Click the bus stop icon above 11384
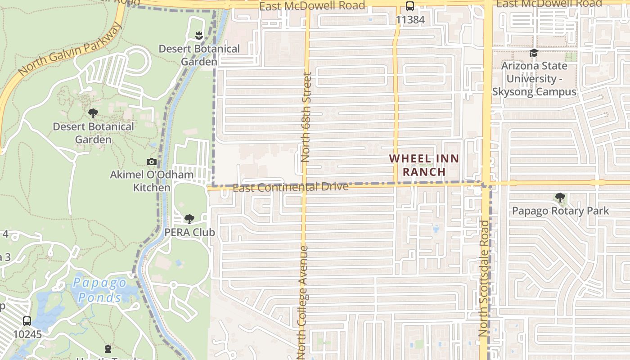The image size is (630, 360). click(x=409, y=7)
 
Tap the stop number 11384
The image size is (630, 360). click(x=410, y=20)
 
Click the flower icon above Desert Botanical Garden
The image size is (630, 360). click(x=199, y=35)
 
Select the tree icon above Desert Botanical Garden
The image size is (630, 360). click(x=93, y=113)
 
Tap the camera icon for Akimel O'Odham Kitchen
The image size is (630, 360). click(x=152, y=162)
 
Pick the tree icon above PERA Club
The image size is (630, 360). click(x=189, y=219)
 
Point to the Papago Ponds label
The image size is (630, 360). click(x=100, y=290)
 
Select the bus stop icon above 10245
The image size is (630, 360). click(x=27, y=321)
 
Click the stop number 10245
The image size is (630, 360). click(x=27, y=334)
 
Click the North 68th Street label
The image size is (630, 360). click(x=306, y=117)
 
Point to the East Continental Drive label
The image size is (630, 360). click(x=291, y=187)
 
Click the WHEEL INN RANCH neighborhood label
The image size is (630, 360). click(x=424, y=165)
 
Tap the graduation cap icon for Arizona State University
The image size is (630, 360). click(x=534, y=53)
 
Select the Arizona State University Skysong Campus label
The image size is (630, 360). click(x=534, y=79)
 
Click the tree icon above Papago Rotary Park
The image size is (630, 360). click(x=560, y=198)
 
